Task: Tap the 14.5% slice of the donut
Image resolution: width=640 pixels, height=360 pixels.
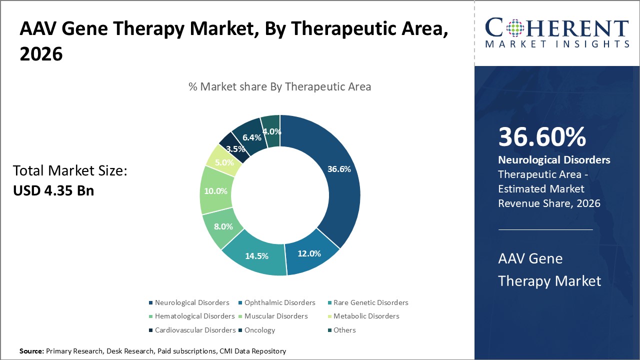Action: tap(256, 256)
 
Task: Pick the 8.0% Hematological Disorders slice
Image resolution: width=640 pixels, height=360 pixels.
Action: tap(223, 226)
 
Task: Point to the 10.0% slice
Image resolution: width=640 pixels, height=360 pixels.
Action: tap(215, 191)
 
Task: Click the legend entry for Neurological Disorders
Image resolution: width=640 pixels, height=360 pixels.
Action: tap(192, 302)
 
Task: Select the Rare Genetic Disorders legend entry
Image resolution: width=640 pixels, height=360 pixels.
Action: tap(370, 302)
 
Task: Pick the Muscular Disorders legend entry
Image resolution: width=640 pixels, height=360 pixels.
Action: tap(276, 316)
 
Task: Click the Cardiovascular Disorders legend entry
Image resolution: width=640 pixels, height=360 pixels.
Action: tap(195, 330)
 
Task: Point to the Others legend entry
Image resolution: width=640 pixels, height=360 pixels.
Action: tap(344, 330)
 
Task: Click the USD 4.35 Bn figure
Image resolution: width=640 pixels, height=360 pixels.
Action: tap(53, 190)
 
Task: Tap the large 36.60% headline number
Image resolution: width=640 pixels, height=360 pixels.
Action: tap(542, 137)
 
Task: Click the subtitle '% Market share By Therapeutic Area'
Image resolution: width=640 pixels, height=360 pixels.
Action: tap(279, 86)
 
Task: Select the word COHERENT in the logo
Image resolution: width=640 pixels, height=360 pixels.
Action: tap(556, 28)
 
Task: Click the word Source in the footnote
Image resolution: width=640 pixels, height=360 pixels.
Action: tap(31, 351)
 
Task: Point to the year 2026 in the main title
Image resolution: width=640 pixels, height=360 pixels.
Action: tap(41, 54)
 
